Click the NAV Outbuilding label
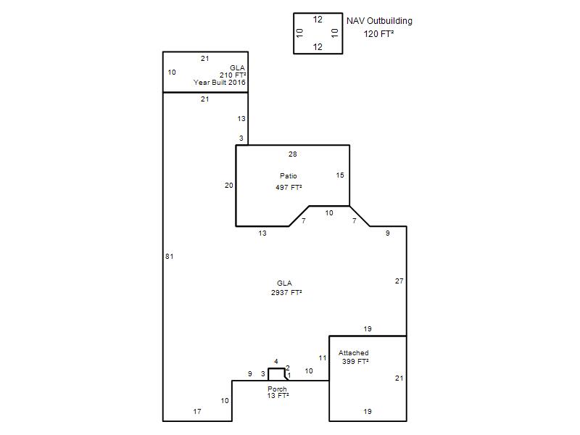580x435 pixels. pos(379,21)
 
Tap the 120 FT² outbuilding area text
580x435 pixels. pos(378,33)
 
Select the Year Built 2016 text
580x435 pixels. pos(220,82)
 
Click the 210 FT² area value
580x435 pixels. pos(233,75)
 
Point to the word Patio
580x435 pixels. pos(288,175)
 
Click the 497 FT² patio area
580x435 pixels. pos(289,187)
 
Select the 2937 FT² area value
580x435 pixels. pos(286,292)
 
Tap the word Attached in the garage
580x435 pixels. pos(353,353)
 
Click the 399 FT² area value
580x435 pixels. pos(355,361)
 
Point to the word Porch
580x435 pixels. pos(277,389)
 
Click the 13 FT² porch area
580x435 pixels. pos(278,396)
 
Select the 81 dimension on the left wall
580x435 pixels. pos(170,257)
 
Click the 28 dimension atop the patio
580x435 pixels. pos(293,154)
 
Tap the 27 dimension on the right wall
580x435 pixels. pos(399,281)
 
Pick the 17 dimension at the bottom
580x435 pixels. pos(197,411)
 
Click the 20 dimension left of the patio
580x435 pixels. pos(229,186)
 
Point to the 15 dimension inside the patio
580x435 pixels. pos(340,175)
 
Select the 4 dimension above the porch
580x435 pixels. pos(276,361)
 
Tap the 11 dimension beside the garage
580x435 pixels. pos(323,358)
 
